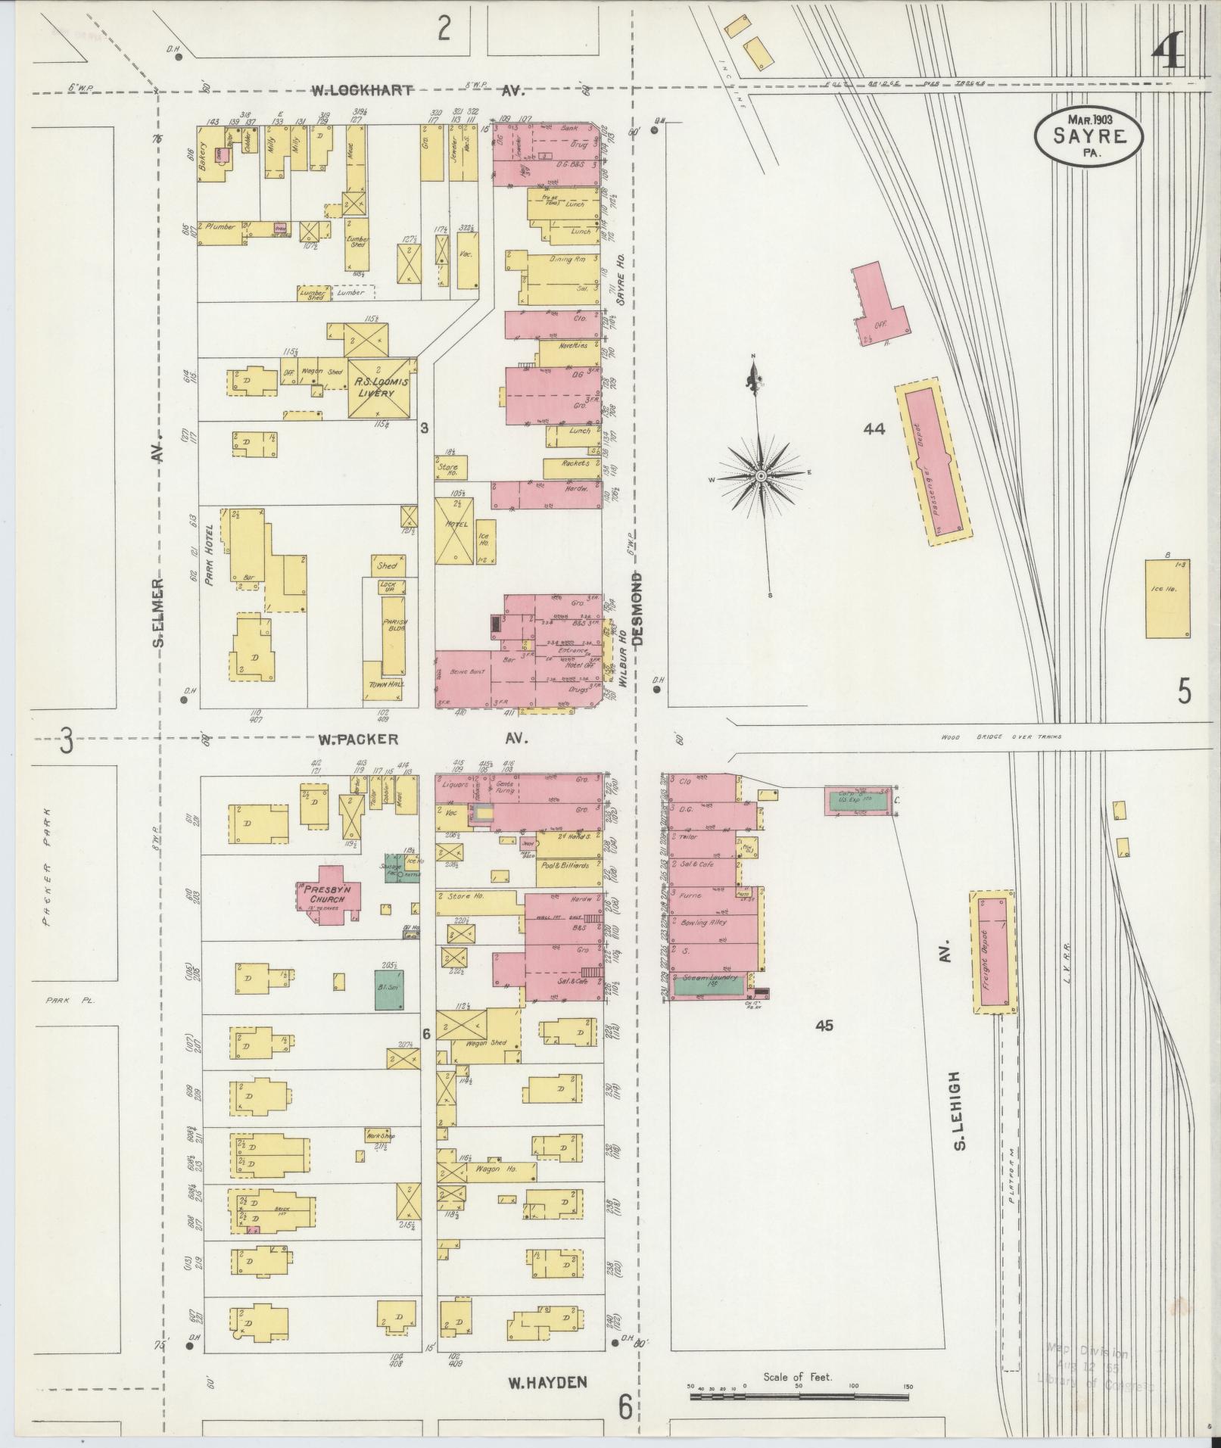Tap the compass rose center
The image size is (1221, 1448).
coord(760,476)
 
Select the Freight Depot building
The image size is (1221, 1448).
coord(992,951)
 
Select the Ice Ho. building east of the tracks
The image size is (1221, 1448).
coord(1167,598)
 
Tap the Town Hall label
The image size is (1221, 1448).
coord(386,684)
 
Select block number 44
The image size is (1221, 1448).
coord(874,429)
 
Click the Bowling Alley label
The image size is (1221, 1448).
coord(705,923)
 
